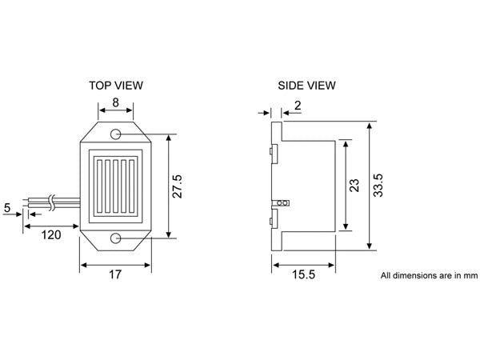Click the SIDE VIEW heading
tap(306, 84)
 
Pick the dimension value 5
tap(7, 208)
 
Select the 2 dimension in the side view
tap(297, 106)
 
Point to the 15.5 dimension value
tap(302, 274)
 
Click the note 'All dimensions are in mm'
tap(429, 276)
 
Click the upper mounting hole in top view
tap(118, 133)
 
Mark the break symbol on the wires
tap(51, 202)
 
